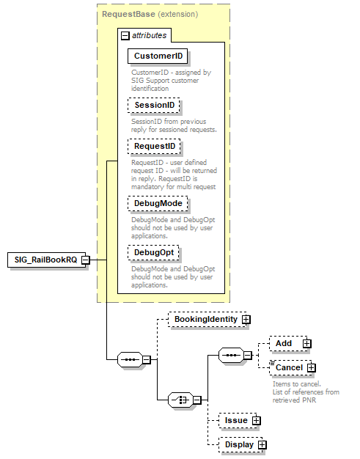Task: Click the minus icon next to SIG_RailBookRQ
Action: coord(86,260)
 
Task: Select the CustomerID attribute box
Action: coord(157,56)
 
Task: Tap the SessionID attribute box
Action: coord(154,106)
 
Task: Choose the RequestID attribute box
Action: coord(155,147)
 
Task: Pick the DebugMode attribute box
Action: coord(157,202)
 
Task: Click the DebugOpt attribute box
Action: coord(153,252)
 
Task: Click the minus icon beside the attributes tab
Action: coord(125,34)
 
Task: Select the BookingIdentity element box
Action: coord(205,320)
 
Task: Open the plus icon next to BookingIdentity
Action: coord(246,320)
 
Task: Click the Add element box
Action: coord(284,343)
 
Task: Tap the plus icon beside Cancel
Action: coord(312,367)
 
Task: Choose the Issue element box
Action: coord(235,420)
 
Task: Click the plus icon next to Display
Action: coord(262,445)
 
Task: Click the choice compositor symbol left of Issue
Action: coord(180,400)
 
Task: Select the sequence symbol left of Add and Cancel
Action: coord(231,356)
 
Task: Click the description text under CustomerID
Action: coord(172,77)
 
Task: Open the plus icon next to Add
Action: coord(306,343)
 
